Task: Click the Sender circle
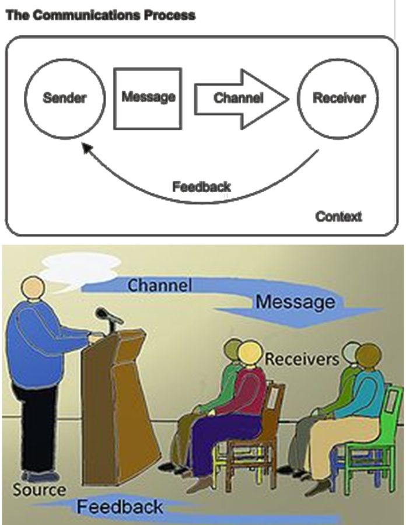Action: point(64,97)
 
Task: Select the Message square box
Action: point(148,97)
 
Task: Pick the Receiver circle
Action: point(339,97)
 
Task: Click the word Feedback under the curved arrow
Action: point(201,187)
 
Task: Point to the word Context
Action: point(338,216)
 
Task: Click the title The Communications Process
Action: point(100,16)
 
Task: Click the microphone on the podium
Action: point(108,317)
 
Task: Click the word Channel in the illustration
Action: point(159,285)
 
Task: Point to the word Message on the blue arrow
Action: point(295,302)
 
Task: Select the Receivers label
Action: point(301,358)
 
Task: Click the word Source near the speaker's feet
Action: point(39,489)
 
